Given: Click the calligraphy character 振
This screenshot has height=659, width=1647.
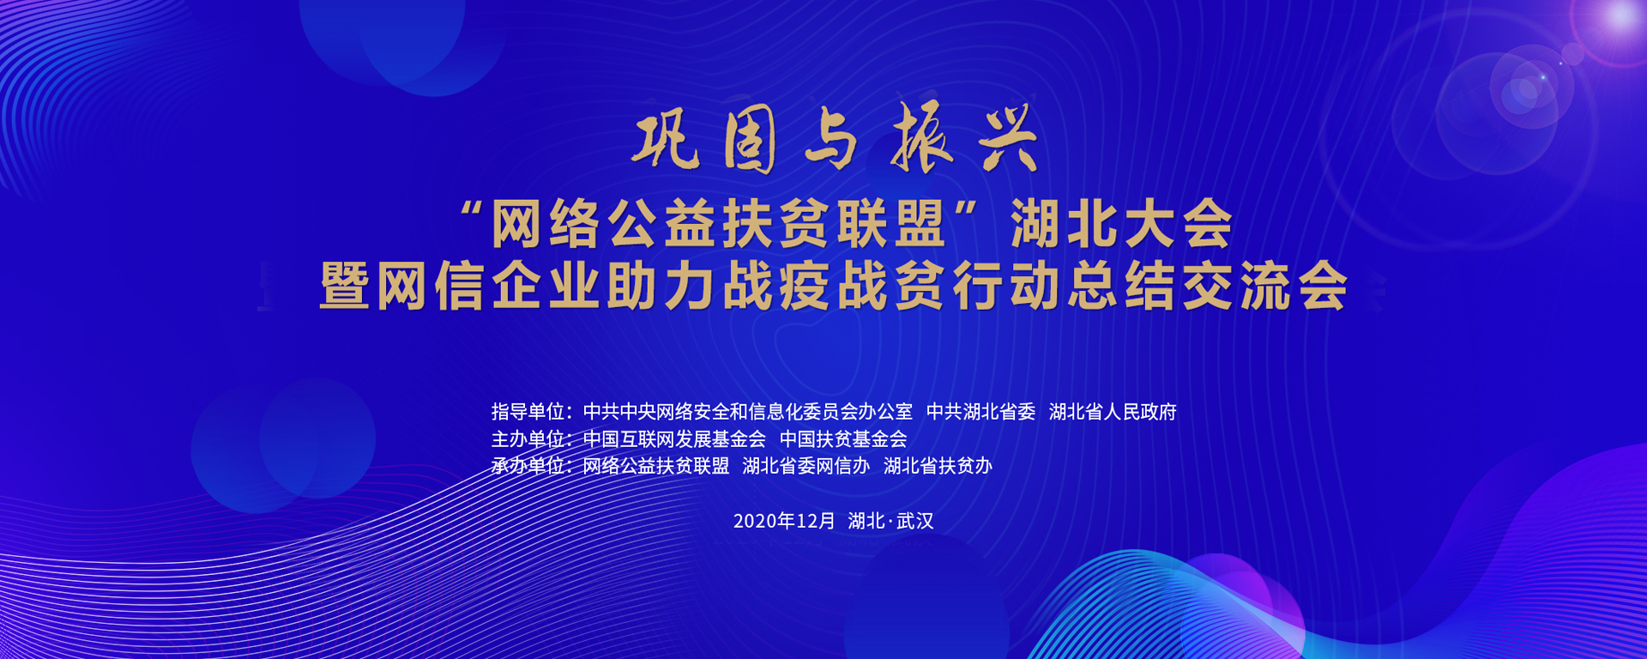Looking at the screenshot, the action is coord(921,137).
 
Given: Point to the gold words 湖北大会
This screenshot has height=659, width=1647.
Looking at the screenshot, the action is coord(1121,224).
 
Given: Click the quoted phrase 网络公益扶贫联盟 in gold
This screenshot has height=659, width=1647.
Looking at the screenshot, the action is coord(718,224).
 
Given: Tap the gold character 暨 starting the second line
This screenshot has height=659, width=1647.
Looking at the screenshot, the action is coord(345,286).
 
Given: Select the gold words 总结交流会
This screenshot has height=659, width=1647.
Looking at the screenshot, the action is coord(1208,286).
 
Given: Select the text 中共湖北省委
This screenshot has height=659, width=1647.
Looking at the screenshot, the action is coord(980,412).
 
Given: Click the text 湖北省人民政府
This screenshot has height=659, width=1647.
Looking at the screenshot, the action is coord(1113,412).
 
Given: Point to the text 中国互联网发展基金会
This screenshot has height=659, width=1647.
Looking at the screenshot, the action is coord(674,439).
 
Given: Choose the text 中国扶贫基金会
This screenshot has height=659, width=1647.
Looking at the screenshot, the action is coord(843,439).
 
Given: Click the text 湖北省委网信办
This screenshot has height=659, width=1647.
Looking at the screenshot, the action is coord(806,466).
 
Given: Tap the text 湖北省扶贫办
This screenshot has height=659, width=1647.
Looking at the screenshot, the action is coord(938,466).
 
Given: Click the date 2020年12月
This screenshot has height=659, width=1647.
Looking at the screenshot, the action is coord(784,521).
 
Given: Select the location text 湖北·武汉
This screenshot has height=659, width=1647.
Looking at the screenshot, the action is coord(890,521).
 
